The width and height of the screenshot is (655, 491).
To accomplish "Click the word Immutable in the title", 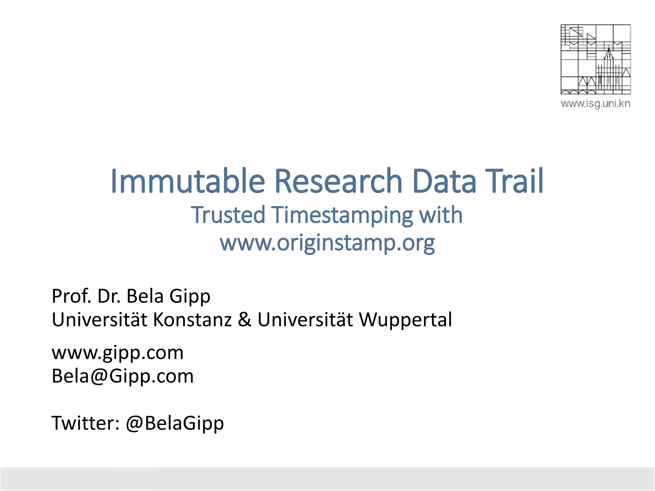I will pyautogui.click(x=188, y=181).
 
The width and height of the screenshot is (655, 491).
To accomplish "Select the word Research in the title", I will pyautogui.click(x=338, y=181).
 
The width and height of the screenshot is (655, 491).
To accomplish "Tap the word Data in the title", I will pyautogui.click(x=445, y=181).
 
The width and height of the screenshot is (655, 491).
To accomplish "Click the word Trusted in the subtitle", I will pyautogui.click(x=228, y=215).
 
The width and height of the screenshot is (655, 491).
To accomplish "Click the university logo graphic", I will pyautogui.click(x=596, y=59).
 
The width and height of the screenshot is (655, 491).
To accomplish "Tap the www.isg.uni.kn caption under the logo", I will pyautogui.click(x=595, y=104).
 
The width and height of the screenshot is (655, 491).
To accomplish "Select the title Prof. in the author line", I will pyautogui.click(x=72, y=296).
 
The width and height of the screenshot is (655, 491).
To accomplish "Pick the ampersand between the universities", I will pyautogui.click(x=245, y=320).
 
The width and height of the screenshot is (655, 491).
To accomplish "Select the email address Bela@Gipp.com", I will pyautogui.click(x=122, y=376).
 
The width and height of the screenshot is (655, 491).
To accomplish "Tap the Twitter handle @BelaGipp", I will pyautogui.click(x=175, y=424).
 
